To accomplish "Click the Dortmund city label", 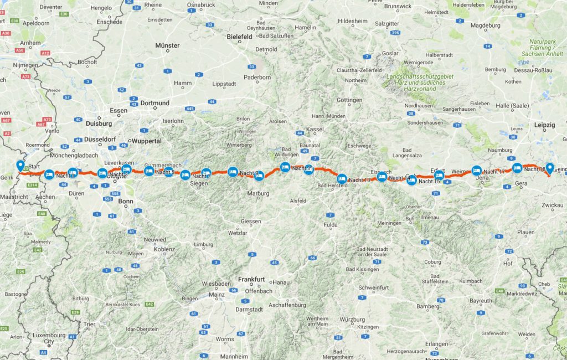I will click(155, 103).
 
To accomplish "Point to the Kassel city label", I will click(315, 128).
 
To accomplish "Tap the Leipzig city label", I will click(544, 125).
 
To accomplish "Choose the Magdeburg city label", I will click(486, 25).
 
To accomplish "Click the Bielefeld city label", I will click(240, 37).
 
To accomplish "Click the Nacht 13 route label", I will click(359, 181).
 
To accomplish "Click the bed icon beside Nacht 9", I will click(233, 171).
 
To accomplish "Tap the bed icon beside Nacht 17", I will click(476, 171).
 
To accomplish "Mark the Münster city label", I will click(167, 45).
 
